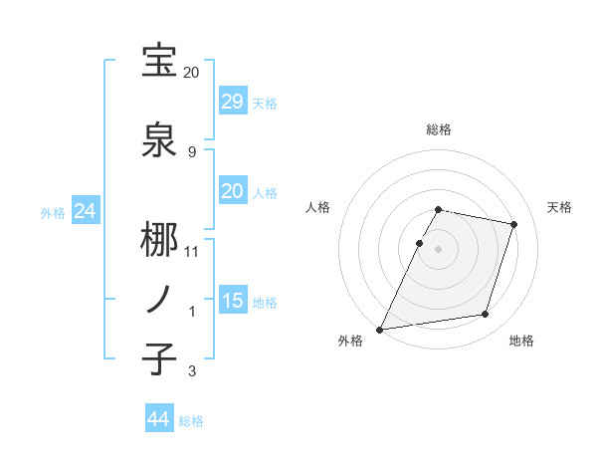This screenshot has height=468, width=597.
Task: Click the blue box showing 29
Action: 232,102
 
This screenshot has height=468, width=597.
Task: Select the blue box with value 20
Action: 232,191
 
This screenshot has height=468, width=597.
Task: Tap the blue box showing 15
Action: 232,301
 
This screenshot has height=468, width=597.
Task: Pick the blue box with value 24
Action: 86,211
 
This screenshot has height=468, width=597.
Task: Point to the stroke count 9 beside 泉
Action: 191,152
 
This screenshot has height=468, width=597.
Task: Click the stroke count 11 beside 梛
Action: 191,252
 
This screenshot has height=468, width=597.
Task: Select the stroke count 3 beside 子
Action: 191,371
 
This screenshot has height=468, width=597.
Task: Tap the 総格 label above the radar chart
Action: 439,129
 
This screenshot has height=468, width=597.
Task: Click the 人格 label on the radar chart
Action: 318,207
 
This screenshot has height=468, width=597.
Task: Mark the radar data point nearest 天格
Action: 514,224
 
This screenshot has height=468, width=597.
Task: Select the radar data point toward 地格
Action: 486,315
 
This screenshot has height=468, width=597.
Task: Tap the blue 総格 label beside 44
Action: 191,421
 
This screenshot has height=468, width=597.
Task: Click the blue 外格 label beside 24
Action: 52,212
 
